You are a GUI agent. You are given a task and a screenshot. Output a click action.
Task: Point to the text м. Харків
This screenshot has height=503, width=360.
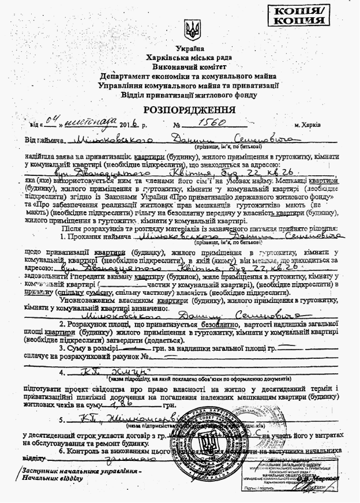pos(312,125)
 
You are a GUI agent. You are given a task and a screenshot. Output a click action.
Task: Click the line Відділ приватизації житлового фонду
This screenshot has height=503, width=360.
pos(191,94)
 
